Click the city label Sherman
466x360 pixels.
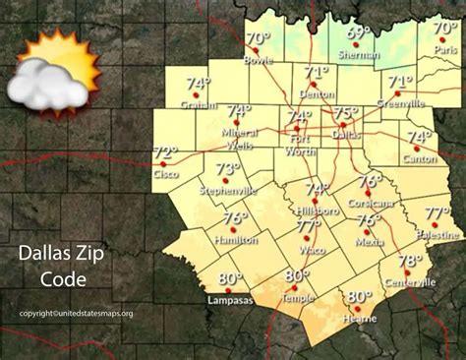pos(358,57)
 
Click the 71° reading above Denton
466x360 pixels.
pos(316,73)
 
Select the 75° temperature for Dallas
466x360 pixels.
pos(346,113)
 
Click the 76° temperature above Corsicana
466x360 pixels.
pos(370,182)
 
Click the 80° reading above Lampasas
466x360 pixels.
pos(229,277)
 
